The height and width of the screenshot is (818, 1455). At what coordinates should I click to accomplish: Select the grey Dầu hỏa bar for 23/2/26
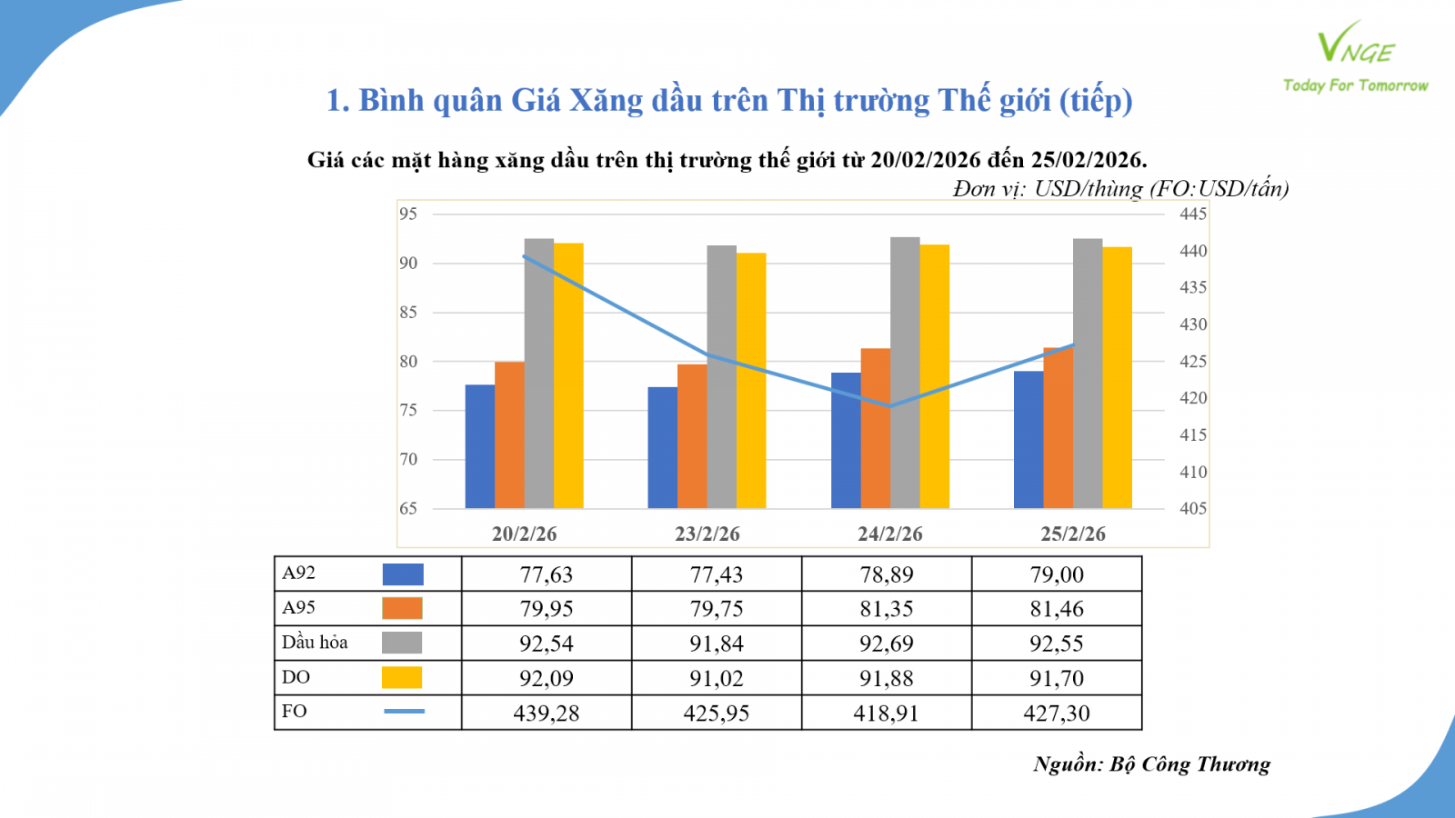click(721, 377)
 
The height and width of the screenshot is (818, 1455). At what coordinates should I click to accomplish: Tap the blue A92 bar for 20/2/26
click(480, 446)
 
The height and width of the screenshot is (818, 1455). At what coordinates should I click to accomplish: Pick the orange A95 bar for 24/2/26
click(876, 428)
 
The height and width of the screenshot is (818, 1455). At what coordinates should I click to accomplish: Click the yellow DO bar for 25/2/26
click(1118, 377)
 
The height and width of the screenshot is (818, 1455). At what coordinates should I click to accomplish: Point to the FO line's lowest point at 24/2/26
click(890, 406)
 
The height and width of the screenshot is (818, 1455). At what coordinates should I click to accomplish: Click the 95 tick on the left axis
click(408, 214)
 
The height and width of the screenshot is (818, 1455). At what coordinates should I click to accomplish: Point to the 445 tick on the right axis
click(1193, 214)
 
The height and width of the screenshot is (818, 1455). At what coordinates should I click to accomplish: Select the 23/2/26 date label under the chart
click(707, 534)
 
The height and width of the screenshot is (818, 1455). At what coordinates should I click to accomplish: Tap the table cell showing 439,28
click(547, 713)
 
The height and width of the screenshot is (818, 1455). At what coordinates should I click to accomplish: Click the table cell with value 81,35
click(887, 609)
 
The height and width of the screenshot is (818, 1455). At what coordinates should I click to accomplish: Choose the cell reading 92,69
click(887, 643)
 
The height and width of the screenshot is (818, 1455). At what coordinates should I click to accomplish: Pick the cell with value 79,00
click(1057, 574)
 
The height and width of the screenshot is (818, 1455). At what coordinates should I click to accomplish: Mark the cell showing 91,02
click(717, 679)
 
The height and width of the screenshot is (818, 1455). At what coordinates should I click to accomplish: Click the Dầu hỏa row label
click(315, 643)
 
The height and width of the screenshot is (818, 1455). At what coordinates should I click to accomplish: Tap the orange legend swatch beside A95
click(402, 608)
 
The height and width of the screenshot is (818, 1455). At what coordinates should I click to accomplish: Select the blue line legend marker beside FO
click(404, 711)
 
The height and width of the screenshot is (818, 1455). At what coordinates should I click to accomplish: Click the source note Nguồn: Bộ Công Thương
click(1151, 764)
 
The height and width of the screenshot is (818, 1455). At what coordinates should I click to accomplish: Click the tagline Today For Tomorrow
click(1355, 85)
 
